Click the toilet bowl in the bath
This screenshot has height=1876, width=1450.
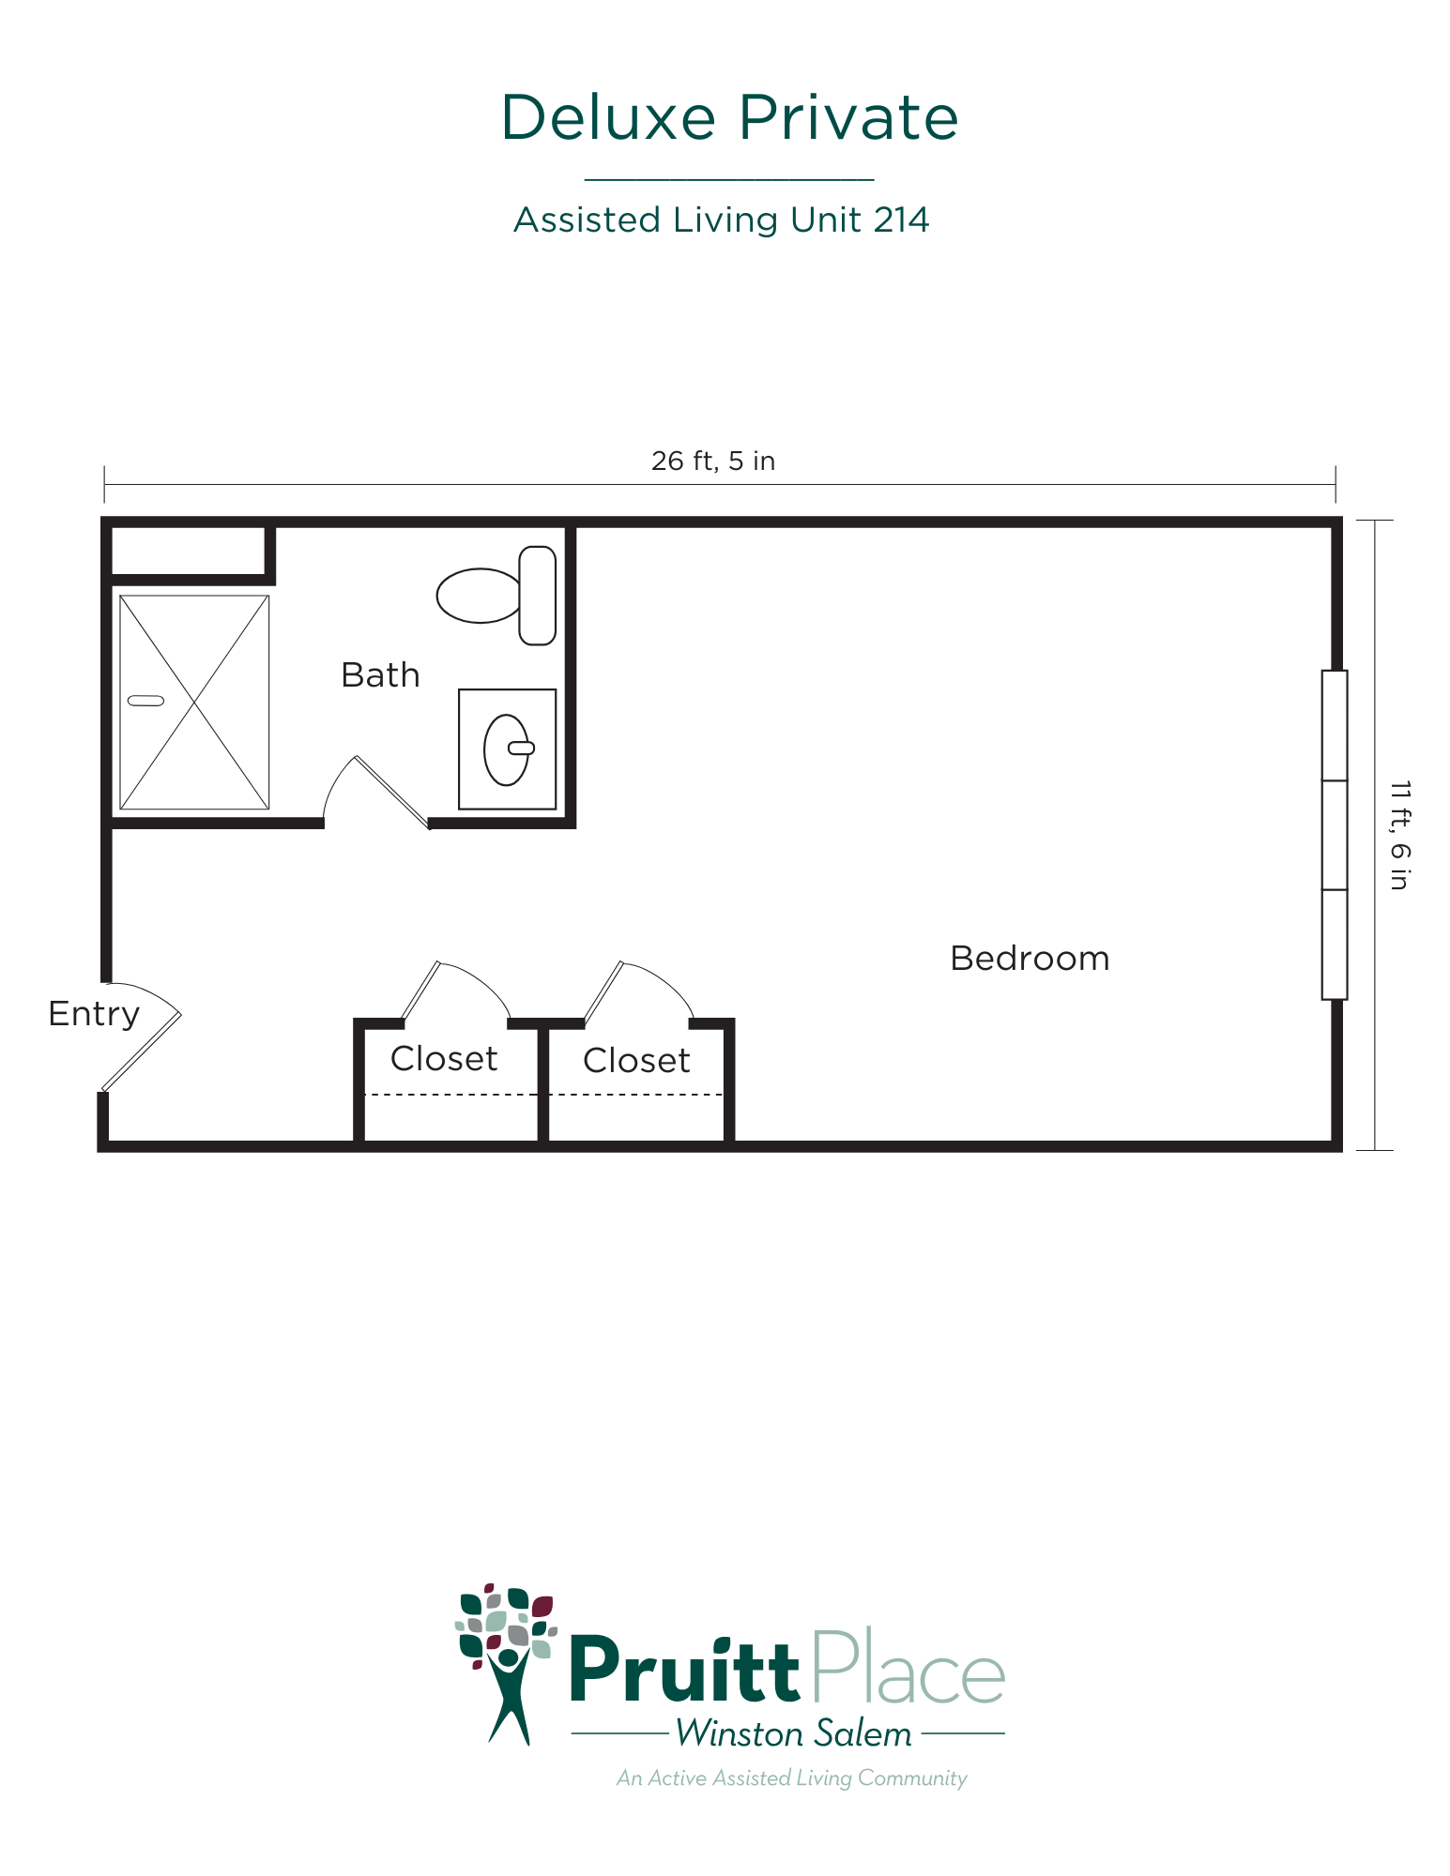point(479,596)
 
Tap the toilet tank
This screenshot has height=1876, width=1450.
point(538,596)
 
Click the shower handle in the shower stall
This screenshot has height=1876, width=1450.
point(145,701)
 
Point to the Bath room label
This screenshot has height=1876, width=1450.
point(380,675)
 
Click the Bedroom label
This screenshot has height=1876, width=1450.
point(1030,959)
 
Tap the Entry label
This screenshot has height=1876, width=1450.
point(94,1014)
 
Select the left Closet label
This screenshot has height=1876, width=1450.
point(444,1059)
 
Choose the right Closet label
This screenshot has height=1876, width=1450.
point(636,1061)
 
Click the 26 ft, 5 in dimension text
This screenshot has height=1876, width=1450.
point(713,461)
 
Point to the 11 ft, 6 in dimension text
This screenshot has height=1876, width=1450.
point(1399,835)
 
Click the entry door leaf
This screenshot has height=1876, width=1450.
point(141,1052)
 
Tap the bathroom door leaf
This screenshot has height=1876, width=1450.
point(391,793)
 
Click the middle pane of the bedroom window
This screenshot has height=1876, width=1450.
point(1335,835)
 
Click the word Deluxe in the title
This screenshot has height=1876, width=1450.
point(608,117)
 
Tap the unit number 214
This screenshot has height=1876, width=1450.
point(901,219)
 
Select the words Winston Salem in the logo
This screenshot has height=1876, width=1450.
point(794,1733)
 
